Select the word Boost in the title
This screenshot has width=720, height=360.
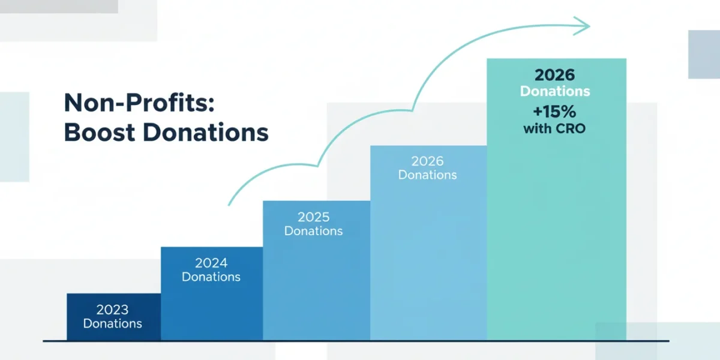click(x=100, y=132)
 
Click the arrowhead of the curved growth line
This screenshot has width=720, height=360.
click(x=582, y=26)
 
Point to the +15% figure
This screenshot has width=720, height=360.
click(x=554, y=112)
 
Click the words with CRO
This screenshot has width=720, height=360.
click(x=554, y=128)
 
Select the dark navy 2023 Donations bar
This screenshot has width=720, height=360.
click(x=114, y=317)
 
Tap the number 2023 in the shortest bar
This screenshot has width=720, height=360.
click(x=113, y=310)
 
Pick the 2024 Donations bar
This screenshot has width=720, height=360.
click(x=212, y=294)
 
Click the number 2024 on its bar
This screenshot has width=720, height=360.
click(x=211, y=263)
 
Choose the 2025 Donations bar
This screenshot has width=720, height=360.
click(x=317, y=271)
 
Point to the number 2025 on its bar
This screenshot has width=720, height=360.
click(x=313, y=217)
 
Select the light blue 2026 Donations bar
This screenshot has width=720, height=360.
click(x=428, y=243)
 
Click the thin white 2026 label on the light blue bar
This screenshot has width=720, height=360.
click(x=427, y=161)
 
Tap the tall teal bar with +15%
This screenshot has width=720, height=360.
click(x=557, y=199)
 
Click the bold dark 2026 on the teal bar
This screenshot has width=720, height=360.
click(x=555, y=75)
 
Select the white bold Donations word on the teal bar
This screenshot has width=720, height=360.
click(x=555, y=91)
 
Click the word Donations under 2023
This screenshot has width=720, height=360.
click(x=113, y=323)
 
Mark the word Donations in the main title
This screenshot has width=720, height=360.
click(x=206, y=132)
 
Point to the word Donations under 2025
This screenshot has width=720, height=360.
click(x=313, y=231)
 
